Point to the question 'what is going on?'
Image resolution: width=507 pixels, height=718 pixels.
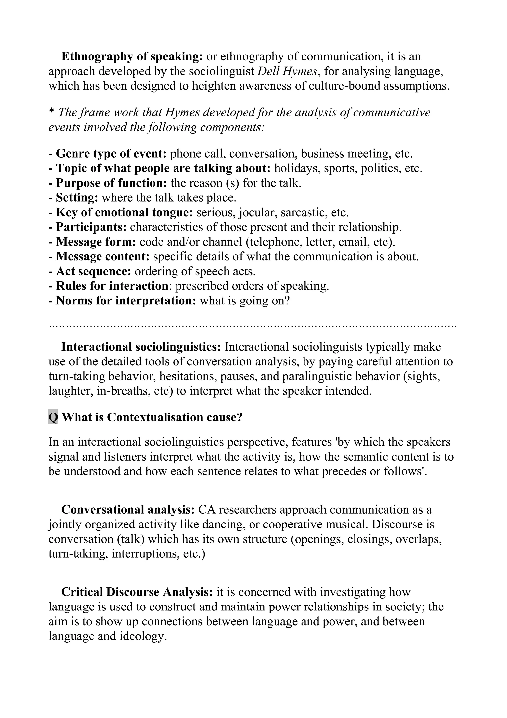tap(245, 301)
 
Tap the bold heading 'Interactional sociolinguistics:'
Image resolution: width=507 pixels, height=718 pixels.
tap(141, 347)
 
